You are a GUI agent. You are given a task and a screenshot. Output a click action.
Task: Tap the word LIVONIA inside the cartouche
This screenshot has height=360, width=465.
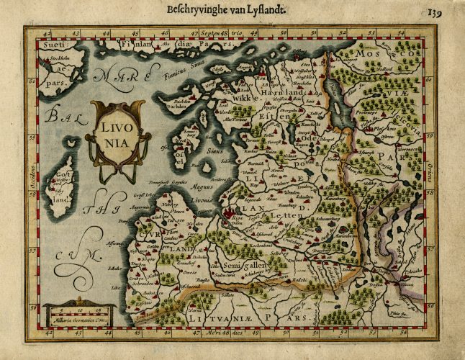pos(114,133)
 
